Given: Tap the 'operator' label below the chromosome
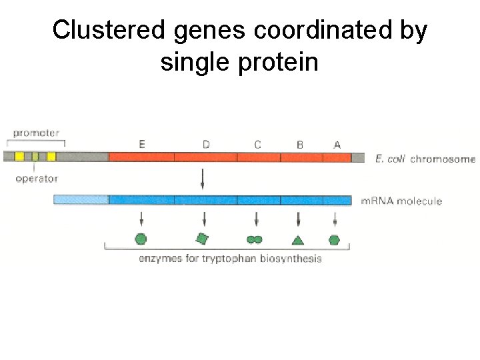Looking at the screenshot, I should coord(37,179).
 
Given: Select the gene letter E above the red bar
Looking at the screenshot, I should coord(142,143).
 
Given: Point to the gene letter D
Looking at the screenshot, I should coord(206,143).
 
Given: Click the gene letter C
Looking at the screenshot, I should coord(257,143).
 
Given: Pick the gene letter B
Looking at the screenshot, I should coord(299,143).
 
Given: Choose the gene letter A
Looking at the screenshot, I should coord(337,143).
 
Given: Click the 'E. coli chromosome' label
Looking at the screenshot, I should coord(425,159).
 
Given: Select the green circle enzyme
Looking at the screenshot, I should coord(141,239).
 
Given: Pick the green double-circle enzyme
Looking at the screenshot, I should coord(254,239).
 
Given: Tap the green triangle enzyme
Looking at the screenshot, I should coord(298,239).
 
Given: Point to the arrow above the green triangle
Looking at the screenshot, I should coord(298,219).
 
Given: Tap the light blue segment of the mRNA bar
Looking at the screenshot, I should coord(81,200).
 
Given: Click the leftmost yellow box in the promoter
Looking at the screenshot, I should coord(20,157).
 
